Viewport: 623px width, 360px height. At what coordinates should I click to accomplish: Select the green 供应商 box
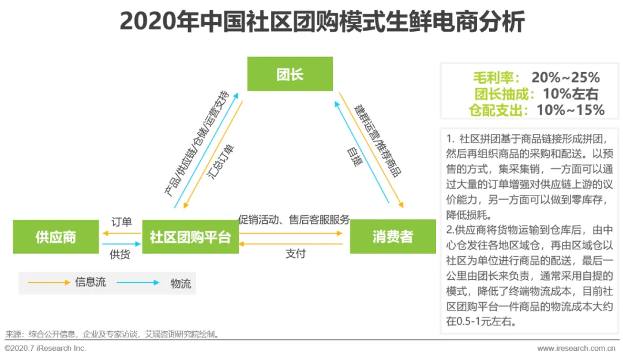pos(56,237)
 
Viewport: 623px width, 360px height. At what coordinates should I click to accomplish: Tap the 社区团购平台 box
pos(190,237)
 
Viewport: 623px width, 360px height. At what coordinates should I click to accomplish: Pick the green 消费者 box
pos(392,237)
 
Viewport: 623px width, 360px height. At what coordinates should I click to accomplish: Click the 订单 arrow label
pos(122,222)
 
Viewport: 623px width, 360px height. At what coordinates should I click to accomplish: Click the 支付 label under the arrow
pos(295,253)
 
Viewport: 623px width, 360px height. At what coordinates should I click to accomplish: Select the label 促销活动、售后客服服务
pos(294,219)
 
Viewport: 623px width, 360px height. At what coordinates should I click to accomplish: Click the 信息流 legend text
pos(89,282)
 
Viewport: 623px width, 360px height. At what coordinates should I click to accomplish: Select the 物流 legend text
pos(180,283)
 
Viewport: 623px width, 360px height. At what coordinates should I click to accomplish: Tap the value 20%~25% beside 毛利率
pos(566,77)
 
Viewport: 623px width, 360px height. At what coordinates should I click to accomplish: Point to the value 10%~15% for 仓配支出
pos(571,110)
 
